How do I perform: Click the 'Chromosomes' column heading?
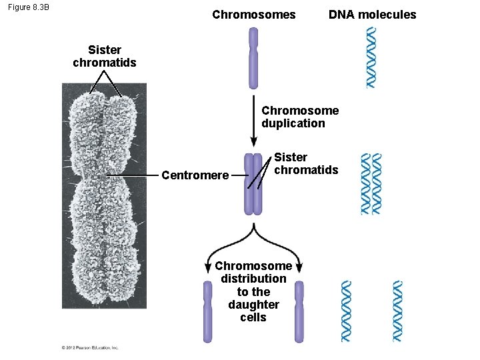click(253, 15)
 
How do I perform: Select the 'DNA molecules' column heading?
click(372, 15)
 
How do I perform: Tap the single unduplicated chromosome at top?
click(253, 58)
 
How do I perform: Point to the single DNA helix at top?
click(371, 57)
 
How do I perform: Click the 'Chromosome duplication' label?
click(299, 117)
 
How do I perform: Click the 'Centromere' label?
click(195, 175)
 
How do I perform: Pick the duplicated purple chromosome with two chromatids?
click(253, 184)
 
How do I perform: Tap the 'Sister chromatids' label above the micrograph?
click(104, 56)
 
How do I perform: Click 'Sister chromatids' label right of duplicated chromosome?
click(306, 163)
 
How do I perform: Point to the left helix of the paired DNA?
click(365, 184)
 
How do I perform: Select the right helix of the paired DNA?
click(377, 184)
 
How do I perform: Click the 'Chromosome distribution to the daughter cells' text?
click(253, 291)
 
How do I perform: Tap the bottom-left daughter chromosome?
click(208, 311)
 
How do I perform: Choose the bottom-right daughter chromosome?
click(299, 311)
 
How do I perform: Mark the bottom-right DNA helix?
click(398, 311)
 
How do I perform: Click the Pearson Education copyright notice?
click(90, 347)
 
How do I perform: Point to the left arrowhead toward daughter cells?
click(209, 267)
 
